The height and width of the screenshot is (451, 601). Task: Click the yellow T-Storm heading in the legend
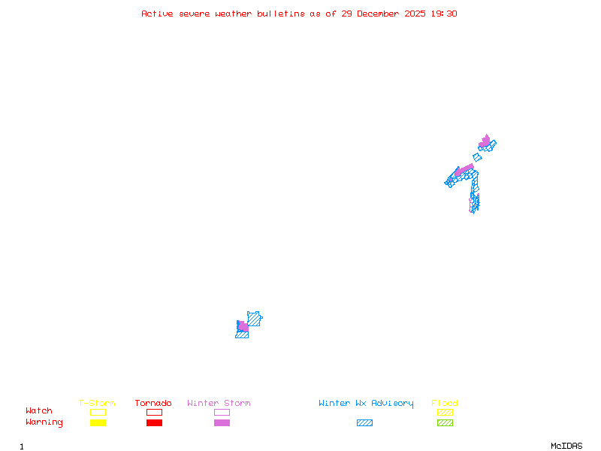pos(97,404)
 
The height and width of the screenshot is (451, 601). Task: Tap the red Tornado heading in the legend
pos(153,404)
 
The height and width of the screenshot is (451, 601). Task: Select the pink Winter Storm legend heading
pos(219,404)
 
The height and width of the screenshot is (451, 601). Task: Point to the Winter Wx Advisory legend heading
pos(366,404)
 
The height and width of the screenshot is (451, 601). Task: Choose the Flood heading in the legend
pos(445,404)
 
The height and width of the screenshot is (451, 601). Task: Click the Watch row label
pos(39,411)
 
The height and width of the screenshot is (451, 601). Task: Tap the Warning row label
pos(44,422)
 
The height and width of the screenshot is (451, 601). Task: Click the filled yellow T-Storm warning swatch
pos(98,423)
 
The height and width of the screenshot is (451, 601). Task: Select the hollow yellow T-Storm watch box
pos(98,412)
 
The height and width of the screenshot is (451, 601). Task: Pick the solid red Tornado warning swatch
pos(154,423)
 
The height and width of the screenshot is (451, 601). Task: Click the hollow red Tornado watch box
pos(154,412)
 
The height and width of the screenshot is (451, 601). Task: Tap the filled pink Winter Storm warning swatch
pos(222,423)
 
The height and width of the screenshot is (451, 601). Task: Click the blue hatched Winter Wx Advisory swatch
pos(364,423)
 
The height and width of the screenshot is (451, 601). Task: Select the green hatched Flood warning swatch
pos(445,423)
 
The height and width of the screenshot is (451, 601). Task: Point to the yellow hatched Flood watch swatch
pos(445,412)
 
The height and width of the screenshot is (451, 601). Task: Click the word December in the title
pos(382,14)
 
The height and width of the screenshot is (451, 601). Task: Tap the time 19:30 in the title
pos(442,14)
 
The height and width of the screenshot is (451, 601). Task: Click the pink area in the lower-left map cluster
pos(243,327)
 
